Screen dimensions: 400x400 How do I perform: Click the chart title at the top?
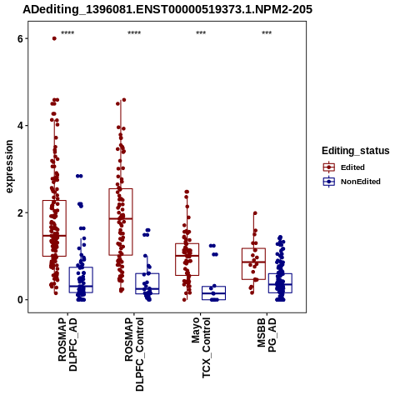[167, 9]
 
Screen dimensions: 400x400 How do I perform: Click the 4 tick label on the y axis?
[20, 126]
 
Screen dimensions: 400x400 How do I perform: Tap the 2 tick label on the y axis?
[20, 212]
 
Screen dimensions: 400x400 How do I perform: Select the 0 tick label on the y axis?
[20, 300]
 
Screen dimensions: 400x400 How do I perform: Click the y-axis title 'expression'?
[9, 167]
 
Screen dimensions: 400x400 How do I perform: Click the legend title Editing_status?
[356, 151]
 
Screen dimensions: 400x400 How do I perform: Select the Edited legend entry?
[343, 167]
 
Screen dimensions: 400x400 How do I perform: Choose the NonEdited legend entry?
[352, 182]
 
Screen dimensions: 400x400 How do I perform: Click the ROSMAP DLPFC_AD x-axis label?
[67, 344]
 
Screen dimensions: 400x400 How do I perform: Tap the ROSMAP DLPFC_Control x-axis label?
[134, 354]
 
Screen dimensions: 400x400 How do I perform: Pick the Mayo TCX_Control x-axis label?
[201, 347]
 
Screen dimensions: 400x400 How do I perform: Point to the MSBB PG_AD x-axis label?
[267, 335]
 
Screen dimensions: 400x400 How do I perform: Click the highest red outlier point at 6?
[54, 38]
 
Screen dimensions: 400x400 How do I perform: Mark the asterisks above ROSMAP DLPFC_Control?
[134, 33]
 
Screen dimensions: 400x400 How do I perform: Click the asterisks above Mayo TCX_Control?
[201, 33]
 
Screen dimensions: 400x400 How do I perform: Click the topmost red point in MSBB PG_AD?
[255, 213]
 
